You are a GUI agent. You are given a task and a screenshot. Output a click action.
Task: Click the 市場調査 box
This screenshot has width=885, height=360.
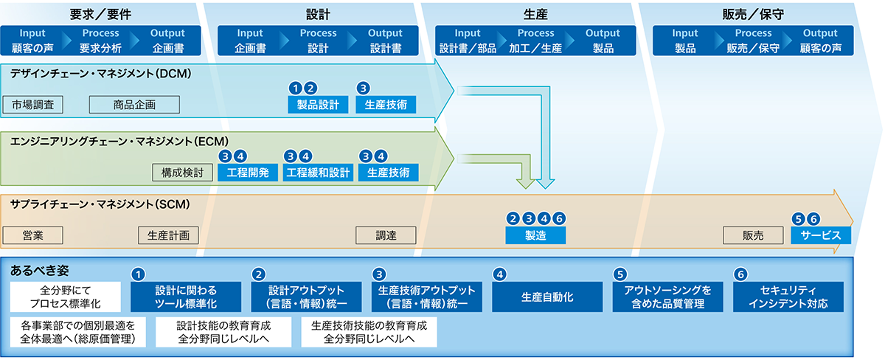tap(32, 105)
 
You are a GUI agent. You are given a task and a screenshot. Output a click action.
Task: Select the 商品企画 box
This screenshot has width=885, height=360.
tap(134, 105)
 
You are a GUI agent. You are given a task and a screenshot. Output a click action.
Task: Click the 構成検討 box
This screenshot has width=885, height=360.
tap(183, 173)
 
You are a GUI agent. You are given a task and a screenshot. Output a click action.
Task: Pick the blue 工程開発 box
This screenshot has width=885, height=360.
tap(248, 173)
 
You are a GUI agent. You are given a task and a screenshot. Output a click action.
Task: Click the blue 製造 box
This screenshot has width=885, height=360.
tap(535, 235)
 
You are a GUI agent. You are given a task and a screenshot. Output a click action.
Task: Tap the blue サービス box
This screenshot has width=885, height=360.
tap(821, 235)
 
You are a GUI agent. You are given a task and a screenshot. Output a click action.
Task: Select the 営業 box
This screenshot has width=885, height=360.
tap(32, 235)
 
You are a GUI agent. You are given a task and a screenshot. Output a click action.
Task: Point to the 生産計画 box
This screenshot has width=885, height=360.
tap(168, 235)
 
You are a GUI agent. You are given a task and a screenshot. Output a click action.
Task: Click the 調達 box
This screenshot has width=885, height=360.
tap(386, 235)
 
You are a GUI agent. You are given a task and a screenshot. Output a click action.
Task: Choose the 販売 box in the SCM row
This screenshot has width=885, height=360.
tap(753, 235)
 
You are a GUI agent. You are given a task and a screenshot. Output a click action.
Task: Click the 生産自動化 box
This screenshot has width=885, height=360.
tap(547, 297)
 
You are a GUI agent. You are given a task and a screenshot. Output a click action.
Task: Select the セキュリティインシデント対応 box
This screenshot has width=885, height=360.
tap(788, 297)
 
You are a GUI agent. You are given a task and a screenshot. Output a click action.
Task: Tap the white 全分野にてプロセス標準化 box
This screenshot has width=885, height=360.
tap(65, 297)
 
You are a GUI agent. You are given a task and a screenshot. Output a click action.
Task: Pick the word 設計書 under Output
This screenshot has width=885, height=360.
tap(385, 48)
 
